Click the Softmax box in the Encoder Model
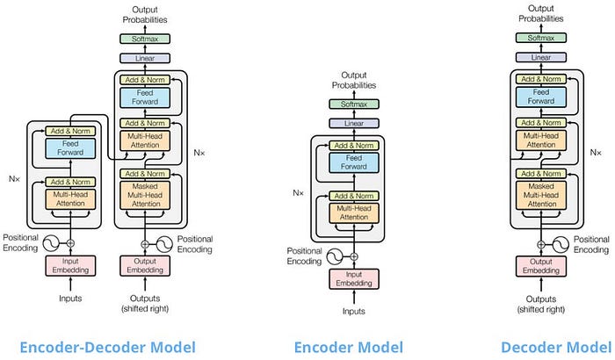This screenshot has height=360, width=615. [x=354, y=104]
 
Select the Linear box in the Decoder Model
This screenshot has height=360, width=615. [x=541, y=57]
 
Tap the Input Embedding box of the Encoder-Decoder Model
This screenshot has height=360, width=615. [x=70, y=265]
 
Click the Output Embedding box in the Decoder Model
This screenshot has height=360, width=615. [x=541, y=266]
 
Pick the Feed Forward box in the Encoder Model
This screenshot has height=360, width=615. [x=354, y=162]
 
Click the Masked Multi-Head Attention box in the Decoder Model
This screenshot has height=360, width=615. [x=541, y=195]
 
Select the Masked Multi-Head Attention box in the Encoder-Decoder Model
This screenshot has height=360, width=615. [x=145, y=195]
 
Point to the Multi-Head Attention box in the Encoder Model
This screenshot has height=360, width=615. [x=354, y=213]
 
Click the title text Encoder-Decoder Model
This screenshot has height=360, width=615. [x=107, y=348]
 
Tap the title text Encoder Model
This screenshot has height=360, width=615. [x=348, y=348]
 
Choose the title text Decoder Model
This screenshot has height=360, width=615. [x=556, y=348]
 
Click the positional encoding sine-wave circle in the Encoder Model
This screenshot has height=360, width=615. [x=335, y=256]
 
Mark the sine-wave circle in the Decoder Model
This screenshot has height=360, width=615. [x=561, y=245]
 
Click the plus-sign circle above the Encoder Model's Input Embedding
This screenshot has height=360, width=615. [x=354, y=256]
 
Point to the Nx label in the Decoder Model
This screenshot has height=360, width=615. [x=596, y=152]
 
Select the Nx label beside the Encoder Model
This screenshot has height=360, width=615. [x=298, y=193]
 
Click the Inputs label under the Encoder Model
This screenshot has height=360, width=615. [x=354, y=312]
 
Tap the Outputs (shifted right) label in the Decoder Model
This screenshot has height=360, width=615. [x=541, y=305]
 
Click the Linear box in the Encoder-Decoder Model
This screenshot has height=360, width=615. [x=145, y=59]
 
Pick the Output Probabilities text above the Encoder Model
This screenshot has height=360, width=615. [x=354, y=80]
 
